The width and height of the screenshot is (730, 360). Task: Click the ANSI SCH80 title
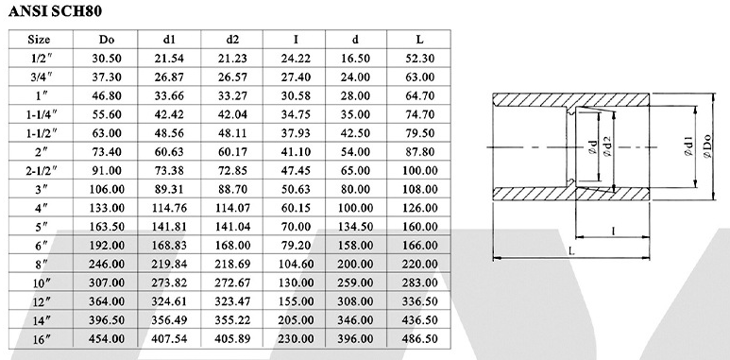click(x=55, y=11)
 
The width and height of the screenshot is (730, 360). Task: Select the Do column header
click(x=106, y=40)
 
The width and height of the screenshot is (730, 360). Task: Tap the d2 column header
click(x=232, y=40)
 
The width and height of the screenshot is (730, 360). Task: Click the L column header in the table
click(x=419, y=40)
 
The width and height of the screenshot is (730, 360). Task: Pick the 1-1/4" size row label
click(x=42, y=114)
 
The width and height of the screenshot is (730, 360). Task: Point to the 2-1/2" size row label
click(x=42, y=170)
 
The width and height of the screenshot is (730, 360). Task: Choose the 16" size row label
click(x=42, y=339)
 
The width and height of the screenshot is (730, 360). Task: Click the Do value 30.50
click(x=107, y=59)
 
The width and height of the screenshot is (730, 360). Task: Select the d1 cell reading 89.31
click(x=169, y=189)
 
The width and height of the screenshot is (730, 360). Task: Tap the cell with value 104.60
click(x=296, y=264)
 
